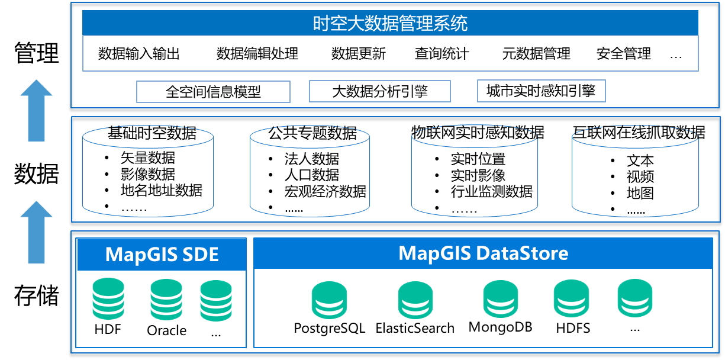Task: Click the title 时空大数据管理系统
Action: pos(390,23)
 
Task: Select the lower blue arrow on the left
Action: pos(36,232)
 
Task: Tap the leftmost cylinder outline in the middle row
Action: pos(147,171)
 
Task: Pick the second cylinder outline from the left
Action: pos(310,171)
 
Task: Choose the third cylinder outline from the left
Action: pos(475,171)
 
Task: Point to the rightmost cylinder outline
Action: pos(635,171)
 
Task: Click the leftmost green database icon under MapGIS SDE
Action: pos(108,299)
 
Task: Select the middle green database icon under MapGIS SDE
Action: pos(166,300)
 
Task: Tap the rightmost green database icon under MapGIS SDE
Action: pos(216,300)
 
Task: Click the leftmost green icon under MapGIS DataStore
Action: pos(329,300)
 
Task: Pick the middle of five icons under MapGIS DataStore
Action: pos(500,299)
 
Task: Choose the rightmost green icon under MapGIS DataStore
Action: pos(635,298)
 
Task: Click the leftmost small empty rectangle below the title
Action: pos(213,92)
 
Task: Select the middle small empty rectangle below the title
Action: pos(379,91)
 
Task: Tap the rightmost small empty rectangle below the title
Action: pos(541,91)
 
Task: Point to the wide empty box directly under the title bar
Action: pos(390,53)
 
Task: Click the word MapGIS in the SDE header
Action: pos(140,255)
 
